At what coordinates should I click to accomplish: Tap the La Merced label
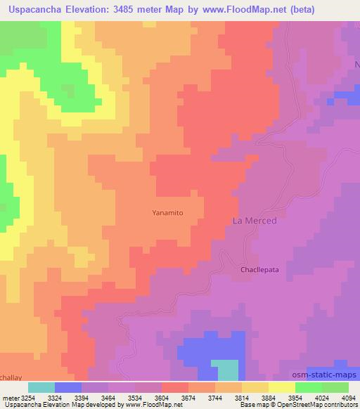[x=255, y=221]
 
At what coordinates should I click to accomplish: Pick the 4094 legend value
[x=349, y=398]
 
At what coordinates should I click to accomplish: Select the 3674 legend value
[x=188, y=398]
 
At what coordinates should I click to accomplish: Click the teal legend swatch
[x=41, y=387]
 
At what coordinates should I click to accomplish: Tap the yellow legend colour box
[x=282, y=387]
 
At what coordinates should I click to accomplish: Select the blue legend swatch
[x=68, y=387]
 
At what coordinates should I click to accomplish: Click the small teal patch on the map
[x=225, y=370]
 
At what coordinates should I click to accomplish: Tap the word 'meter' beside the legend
[x=8, y=398]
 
